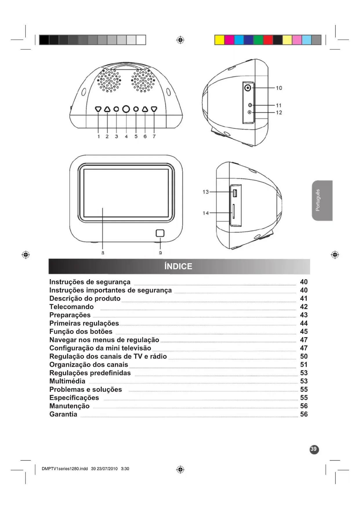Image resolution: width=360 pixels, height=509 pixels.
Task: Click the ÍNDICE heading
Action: click(178, 266)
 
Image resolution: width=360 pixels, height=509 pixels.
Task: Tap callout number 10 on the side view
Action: click(279, 88)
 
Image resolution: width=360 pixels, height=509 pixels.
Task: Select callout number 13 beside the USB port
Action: click(205, 192)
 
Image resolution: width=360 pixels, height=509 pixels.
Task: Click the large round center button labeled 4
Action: click(126, 109)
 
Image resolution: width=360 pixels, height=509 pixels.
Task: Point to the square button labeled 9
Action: click(160, 233)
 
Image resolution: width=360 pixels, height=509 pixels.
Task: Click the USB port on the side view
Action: click(235, 193)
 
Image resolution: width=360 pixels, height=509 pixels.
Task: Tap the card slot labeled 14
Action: click(234, 212)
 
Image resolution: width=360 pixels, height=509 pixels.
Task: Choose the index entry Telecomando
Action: click(71, 307)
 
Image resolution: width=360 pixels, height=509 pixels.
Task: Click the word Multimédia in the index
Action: click(67, 381)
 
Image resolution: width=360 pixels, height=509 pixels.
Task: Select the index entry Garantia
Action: click(63, 414)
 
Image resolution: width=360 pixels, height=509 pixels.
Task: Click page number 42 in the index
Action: click(304, 307)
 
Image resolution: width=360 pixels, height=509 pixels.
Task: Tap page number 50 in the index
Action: click(304, 356)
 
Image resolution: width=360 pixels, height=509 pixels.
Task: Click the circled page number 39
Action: click(314, 449)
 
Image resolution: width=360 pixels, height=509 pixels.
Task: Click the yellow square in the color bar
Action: click(219, 40)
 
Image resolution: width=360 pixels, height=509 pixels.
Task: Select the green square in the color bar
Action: click(258, 40)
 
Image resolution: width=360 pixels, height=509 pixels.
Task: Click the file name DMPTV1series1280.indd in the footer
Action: click(65, 469)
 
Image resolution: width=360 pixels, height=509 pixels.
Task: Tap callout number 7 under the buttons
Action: click(154, 136)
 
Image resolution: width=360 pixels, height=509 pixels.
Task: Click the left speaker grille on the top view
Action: click(109, 80)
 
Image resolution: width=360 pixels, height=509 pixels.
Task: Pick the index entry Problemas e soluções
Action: click(86, 389)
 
